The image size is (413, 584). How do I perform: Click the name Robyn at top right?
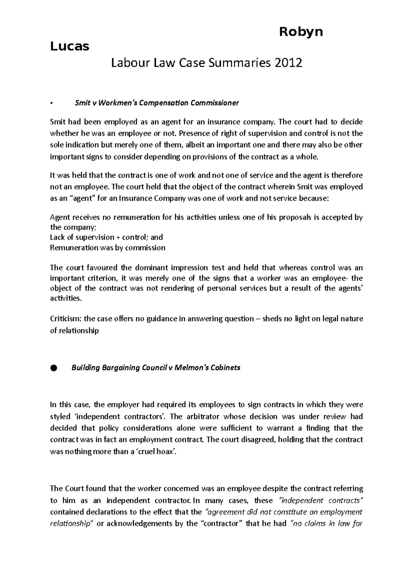coord(301,32)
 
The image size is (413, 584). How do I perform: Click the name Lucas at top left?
coord(70,46)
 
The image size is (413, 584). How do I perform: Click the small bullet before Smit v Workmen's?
coord(51,103)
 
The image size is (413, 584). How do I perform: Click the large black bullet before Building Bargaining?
coord(53,368)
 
